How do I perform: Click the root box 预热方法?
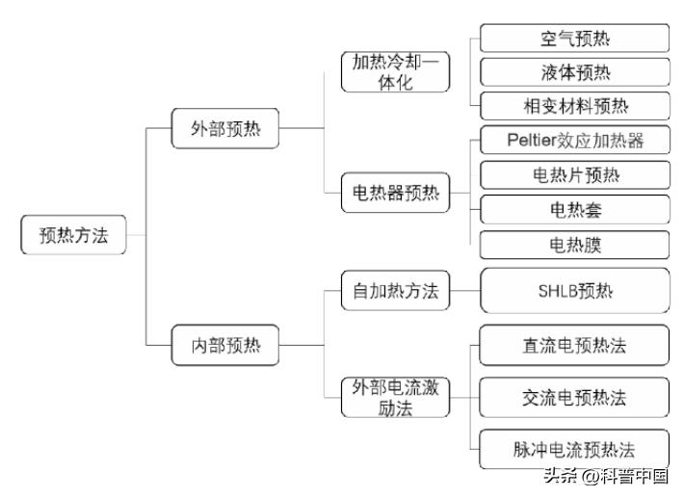tap(73, 236)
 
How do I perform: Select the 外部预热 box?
tap(224, 129)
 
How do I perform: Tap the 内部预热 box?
tap(224, 344)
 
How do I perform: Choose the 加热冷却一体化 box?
tap(396, 70)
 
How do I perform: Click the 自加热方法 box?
tap(396, 291)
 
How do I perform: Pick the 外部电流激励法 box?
tap(396, 396)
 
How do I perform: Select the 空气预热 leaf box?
tap(575, 39)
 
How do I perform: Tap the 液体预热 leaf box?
tap(575, 72)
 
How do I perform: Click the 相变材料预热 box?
tap(575, 104)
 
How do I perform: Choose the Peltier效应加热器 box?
tap(575, 140)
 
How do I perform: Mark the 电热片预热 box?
tap(575, 174)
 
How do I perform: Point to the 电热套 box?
tap(575, 208)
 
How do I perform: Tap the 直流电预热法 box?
tap(575, 344)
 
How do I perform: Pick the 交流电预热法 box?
tap(575, 396)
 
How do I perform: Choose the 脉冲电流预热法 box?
tap(575, 449)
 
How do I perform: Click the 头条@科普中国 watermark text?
tap(606, 476)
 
